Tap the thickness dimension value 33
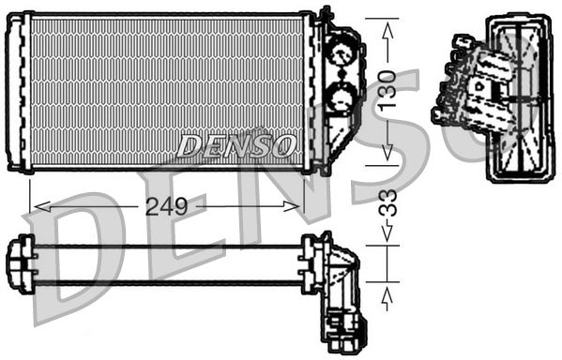click(387, 202)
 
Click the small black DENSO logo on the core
click(237, 146)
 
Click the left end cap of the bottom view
click(20, 263)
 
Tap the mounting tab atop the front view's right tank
click(326, 15)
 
